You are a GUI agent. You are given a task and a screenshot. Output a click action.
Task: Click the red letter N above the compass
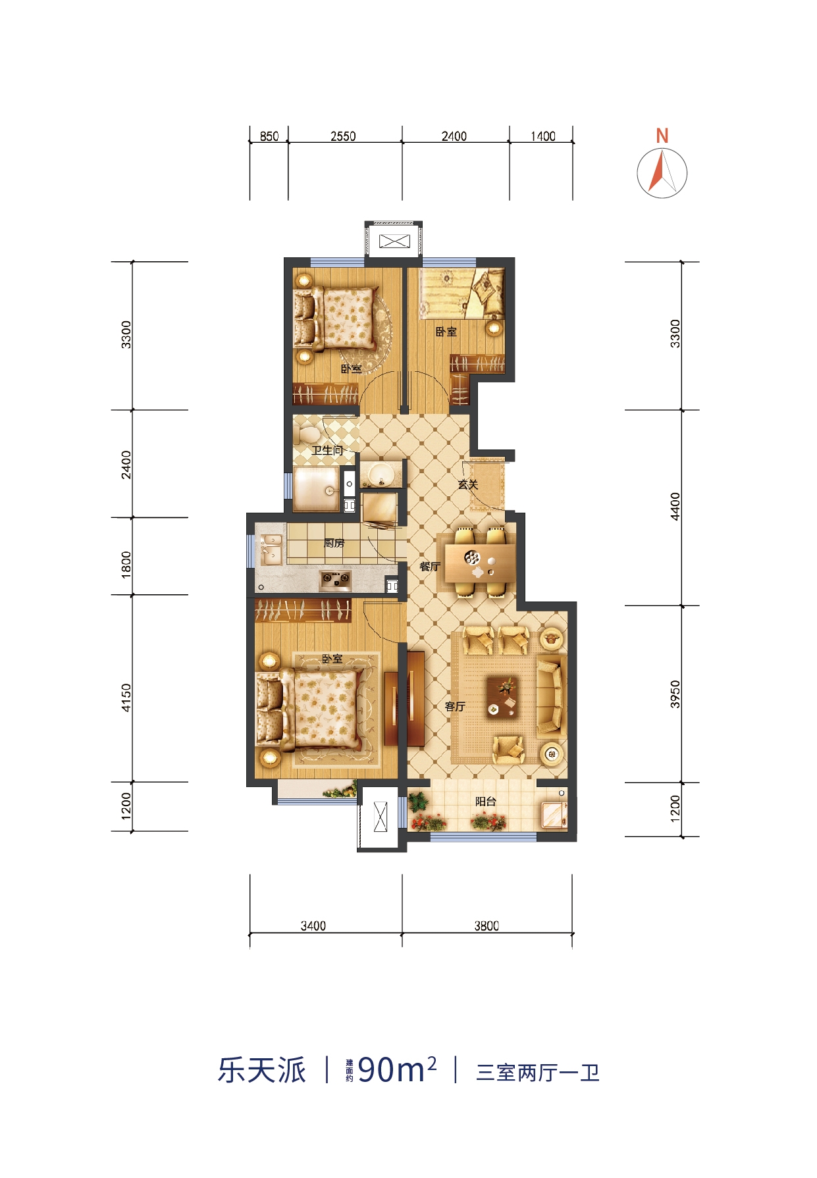(x=662, y=136)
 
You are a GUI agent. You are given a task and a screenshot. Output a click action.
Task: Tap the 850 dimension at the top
(x=269, y=136)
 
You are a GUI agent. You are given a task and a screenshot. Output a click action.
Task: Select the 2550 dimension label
(x=343, y=136)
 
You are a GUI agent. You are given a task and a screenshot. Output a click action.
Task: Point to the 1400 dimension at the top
(x=543, y=136)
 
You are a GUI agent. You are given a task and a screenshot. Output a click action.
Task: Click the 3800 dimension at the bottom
(x=487, y=926)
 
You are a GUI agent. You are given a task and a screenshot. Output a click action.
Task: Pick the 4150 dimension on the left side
(x=126, y=698)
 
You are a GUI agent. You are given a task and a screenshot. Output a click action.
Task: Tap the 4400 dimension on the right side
(x=675, y=507)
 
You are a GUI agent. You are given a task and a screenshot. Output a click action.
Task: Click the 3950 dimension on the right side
(x=675, y=694)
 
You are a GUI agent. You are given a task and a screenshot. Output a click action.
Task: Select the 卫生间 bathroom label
(x=327, y=451)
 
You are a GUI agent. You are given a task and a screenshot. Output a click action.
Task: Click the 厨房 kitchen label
(x=334, y=544)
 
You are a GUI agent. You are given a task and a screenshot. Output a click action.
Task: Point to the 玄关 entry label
(x=467, y=485)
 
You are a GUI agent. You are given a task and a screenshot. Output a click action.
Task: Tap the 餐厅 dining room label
(x=430, y=566)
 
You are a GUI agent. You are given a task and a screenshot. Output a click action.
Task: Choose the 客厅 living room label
(x=455, y=707)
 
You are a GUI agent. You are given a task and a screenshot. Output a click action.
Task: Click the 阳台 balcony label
(x=486, y=802)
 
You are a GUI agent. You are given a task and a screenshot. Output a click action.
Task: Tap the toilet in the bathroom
(x=307, y=432)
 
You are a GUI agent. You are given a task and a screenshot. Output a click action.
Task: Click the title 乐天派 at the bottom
(x=262, y=1071)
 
